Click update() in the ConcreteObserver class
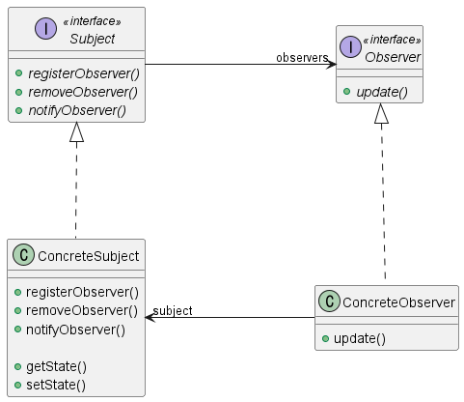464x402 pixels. pos(360,338)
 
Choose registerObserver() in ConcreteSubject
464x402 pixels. pos(82,292)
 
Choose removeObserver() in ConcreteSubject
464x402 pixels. pos(81,310)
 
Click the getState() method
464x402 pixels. pos(56,366)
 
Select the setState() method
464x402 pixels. pos(56,385)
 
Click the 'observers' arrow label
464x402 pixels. pos(301,58)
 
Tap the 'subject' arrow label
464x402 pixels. pos(173,310)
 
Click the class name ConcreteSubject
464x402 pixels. pos(89,256)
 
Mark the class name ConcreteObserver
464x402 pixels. pos(400,303)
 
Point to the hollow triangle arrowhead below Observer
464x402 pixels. pos(382,115)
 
